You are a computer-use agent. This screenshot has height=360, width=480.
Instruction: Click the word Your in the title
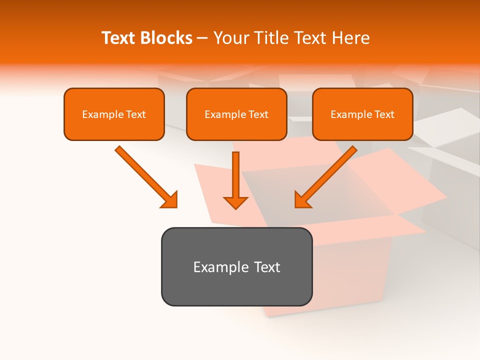[x=229, y=38]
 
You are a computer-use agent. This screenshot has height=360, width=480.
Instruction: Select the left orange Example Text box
[x=114, y=114]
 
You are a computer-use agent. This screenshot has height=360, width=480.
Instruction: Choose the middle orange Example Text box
[x=236, y=114]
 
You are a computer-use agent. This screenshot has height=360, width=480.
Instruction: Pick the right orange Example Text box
[x=362, y=114]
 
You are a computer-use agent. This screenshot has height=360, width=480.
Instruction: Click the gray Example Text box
[x=236, y=267]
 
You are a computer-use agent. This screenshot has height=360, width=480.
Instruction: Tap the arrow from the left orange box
[x=145, y=175]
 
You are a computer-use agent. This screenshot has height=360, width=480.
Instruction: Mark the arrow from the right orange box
[x=327, y=175]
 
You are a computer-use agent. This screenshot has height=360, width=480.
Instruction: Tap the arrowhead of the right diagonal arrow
[x=303, y=199]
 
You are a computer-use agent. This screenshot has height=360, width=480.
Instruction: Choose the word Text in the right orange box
[x=384, y=114]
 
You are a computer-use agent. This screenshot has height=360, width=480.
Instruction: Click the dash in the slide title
[x=202, y=38]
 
